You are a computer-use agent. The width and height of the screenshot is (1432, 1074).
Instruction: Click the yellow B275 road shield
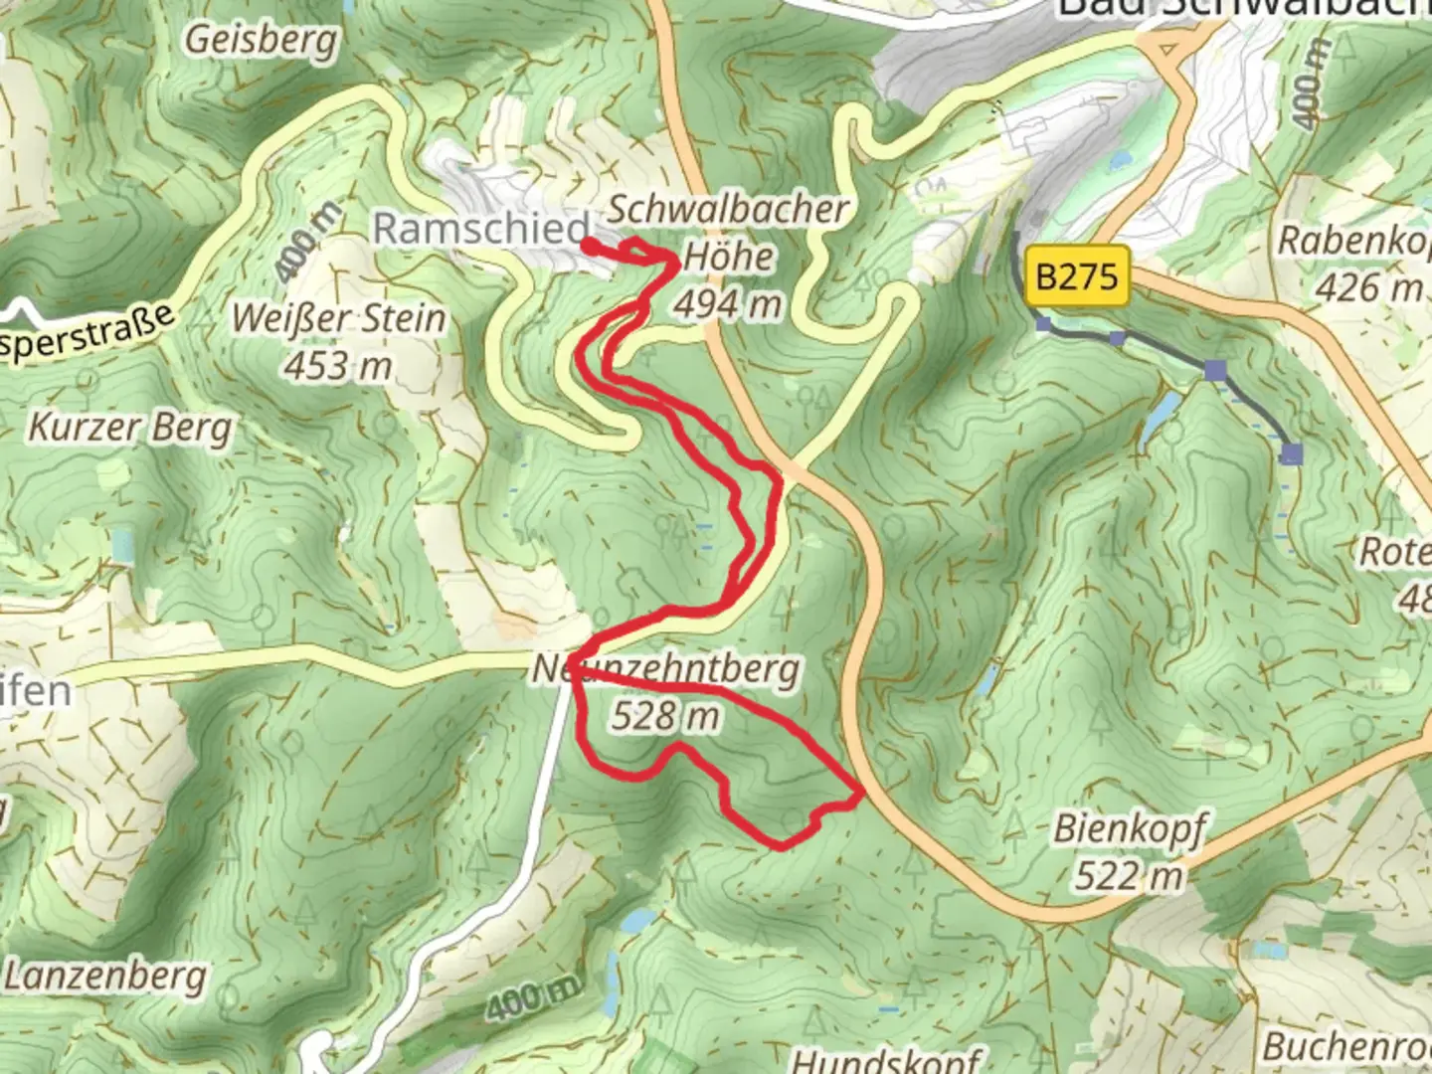click(1078, 274)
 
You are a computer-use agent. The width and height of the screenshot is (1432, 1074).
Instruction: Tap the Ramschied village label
click(481, 229)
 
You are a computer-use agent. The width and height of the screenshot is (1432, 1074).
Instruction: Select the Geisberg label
click(262, 40)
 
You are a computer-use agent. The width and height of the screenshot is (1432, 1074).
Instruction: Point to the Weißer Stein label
click(338, 319)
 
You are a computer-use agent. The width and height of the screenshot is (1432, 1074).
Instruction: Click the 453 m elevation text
click(338, 365)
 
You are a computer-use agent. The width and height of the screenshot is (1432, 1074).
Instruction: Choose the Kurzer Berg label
click(129, 428)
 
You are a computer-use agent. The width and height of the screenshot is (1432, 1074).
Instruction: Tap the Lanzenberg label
click(105, 976)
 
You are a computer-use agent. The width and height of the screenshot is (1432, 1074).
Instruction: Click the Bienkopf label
click(1130, 828)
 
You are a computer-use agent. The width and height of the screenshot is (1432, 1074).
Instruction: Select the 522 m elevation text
click(1130, 875)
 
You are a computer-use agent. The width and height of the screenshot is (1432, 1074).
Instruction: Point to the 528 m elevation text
click(665, 714)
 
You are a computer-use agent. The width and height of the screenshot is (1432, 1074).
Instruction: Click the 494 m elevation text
click(728, 303)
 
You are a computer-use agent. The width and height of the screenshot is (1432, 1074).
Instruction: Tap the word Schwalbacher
click(728, 210)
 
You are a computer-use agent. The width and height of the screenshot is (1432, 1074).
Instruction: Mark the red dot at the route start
click(589, 246)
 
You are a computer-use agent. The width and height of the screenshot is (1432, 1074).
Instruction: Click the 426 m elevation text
click(1369, 287)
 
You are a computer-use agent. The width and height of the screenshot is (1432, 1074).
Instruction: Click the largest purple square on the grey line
click(1292, 454)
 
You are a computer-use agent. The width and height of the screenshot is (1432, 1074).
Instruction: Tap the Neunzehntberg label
click(666, 669)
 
